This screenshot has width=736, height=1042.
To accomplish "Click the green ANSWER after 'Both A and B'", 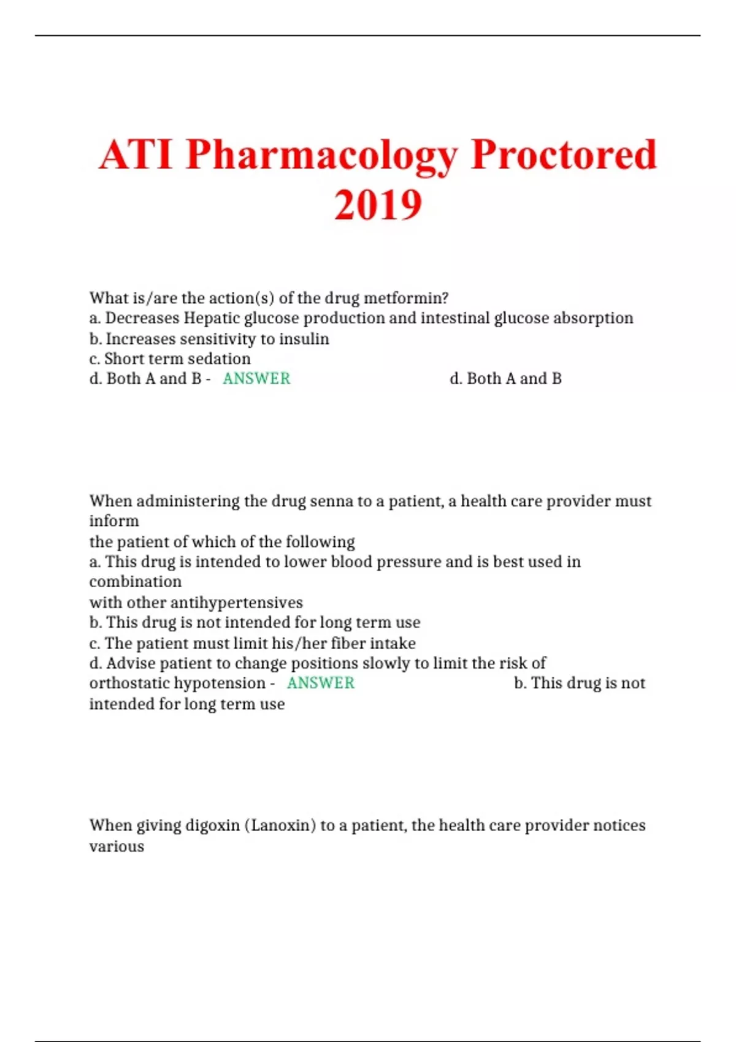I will (x=256, y=379).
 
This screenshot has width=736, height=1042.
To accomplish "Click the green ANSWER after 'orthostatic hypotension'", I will (x=321, y=683).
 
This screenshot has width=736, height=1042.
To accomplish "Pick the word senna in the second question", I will (x=331, y=501).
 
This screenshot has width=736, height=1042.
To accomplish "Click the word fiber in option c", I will (x=348, y=644).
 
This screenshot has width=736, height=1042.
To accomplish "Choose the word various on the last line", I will (x=117, y=846).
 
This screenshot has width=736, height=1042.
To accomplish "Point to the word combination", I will (x=136, y=582).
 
